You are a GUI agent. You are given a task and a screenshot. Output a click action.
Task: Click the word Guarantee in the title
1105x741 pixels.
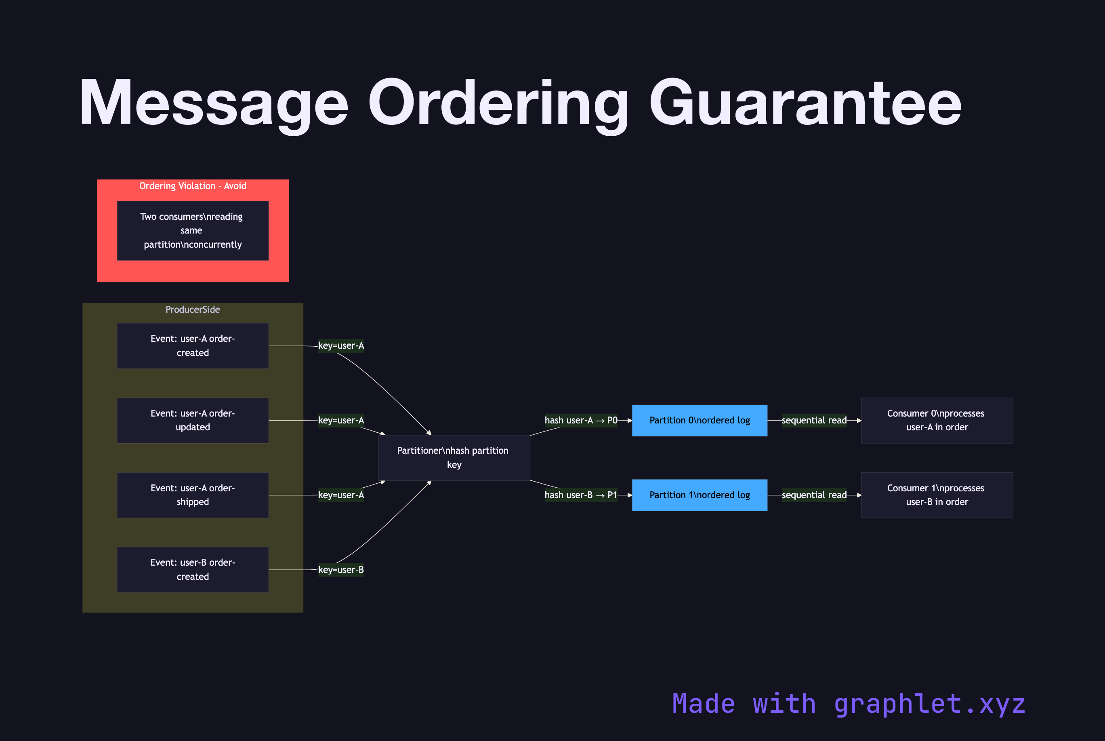tap(805, 103)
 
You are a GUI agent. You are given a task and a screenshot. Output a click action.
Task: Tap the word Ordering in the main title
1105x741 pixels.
tap(498, 103)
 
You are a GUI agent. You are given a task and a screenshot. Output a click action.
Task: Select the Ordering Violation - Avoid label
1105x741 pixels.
tap(193, 186)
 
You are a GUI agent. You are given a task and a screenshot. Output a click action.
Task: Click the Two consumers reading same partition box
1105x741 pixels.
tap(193, 231)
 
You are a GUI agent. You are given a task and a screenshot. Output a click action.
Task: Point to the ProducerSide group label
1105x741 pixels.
tap(193, 309)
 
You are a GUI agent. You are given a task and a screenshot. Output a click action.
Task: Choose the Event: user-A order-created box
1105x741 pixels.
tap(193, 346)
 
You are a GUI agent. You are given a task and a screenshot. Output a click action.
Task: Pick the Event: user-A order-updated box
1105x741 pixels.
tap(193, 421)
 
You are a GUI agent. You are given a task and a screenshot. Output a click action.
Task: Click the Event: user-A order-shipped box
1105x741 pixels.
tap(193, 495)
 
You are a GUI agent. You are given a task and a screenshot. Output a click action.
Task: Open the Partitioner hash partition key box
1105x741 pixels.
tap(454, 457)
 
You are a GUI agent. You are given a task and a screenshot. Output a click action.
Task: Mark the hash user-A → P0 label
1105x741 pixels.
tap(581, 421)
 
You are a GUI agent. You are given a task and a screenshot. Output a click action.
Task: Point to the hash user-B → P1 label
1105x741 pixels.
tap(581, 495)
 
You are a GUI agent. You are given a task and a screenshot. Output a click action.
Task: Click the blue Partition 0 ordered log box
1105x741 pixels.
tap(699, 421)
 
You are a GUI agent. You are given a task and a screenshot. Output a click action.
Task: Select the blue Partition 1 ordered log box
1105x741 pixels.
tap(699, 495)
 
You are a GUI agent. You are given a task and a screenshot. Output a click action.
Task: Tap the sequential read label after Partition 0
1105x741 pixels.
tap(814, 421)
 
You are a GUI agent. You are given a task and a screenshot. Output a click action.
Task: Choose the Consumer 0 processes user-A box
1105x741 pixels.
tap(937, 421)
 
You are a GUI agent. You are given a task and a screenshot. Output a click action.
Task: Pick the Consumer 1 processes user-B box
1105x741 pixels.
tap(937, 495)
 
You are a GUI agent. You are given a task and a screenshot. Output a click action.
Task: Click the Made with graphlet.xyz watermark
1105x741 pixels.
tap(849, 704)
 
